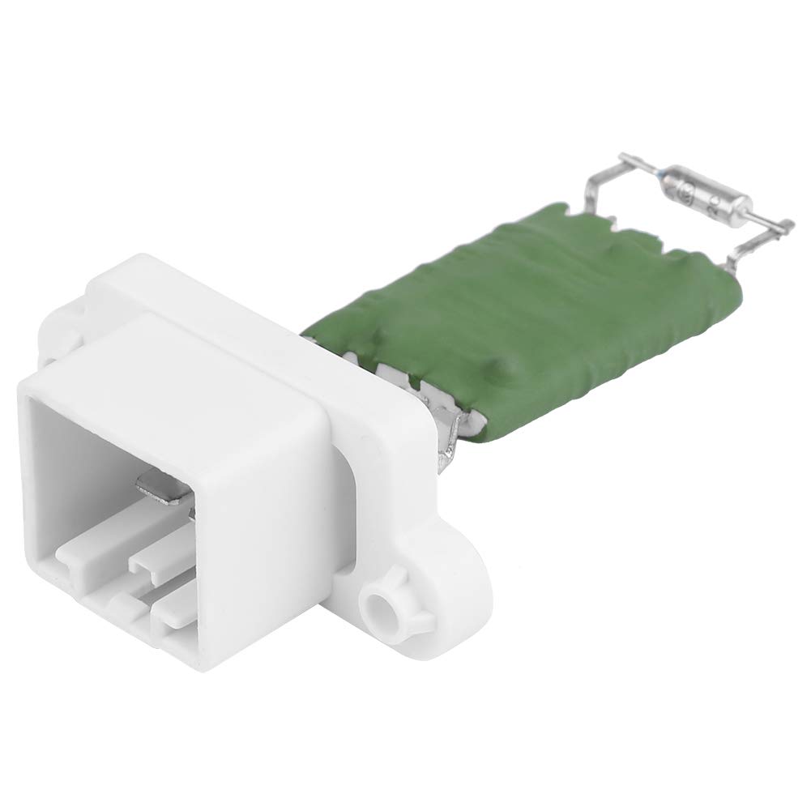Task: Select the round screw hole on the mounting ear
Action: click(x=378, y=604)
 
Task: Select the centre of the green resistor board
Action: click(x=527, y=316)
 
